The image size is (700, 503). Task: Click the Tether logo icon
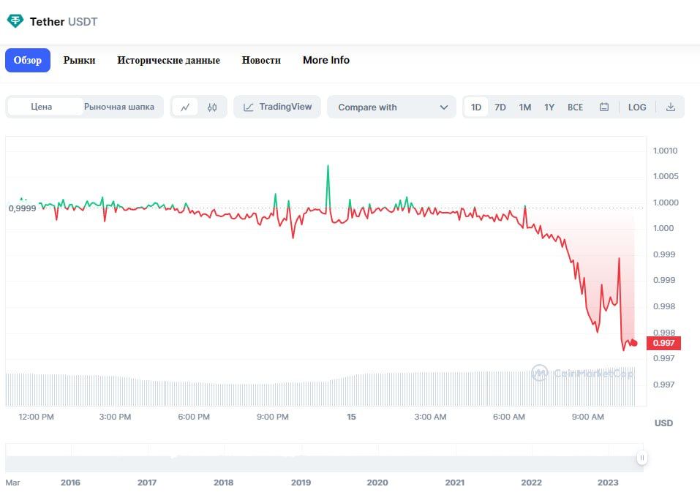click(15, 21)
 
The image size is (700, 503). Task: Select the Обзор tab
click(28, 60)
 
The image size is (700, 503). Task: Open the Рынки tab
click(79, 60)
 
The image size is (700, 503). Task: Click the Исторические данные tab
click(168, 60)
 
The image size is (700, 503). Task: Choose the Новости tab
click(261, 60)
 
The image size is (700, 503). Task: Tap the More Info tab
click(326, 60)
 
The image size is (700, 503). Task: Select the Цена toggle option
click(42, 107)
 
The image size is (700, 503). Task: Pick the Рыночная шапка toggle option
click(119, 107)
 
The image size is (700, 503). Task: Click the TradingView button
click(277, 107)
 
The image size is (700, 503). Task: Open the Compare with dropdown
click(392, 107)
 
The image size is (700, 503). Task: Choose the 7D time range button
click(500, 107)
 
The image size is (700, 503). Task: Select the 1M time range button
click(525, 107)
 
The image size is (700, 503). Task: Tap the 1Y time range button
click(549, 107)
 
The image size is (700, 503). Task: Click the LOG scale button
click(637, 107)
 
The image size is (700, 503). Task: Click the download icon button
click(671, 107)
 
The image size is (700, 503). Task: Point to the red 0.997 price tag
click(664, 343)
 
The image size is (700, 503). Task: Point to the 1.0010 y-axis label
click(665, 151)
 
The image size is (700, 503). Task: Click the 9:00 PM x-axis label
click(272, 417)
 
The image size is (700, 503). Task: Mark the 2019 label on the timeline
click(301, 483)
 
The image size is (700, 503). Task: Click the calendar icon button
click(604, 107)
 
